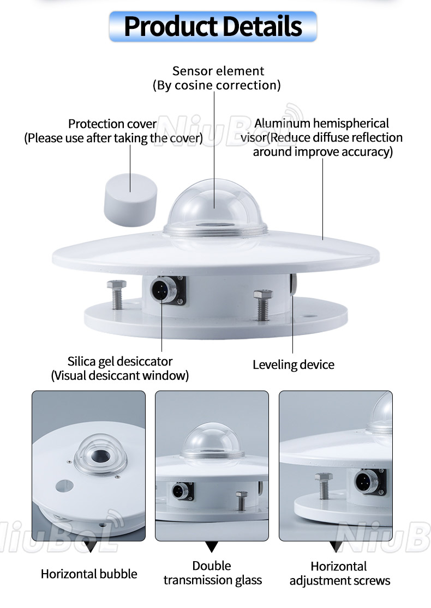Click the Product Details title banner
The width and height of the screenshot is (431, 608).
point(213,26)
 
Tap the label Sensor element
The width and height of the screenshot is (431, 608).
point(218,71)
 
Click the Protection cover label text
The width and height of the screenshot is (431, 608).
point(112,124)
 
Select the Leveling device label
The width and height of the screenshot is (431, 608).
point(293,364)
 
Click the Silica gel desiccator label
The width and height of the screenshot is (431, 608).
point(120,361)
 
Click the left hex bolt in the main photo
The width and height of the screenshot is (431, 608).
point(118,295)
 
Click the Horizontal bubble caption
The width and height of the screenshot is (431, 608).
point(89,574)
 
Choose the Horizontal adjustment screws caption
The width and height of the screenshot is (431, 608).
point(339,574)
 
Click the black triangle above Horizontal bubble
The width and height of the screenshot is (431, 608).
point(89,546)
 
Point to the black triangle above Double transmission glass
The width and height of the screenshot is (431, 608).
point(212,546)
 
